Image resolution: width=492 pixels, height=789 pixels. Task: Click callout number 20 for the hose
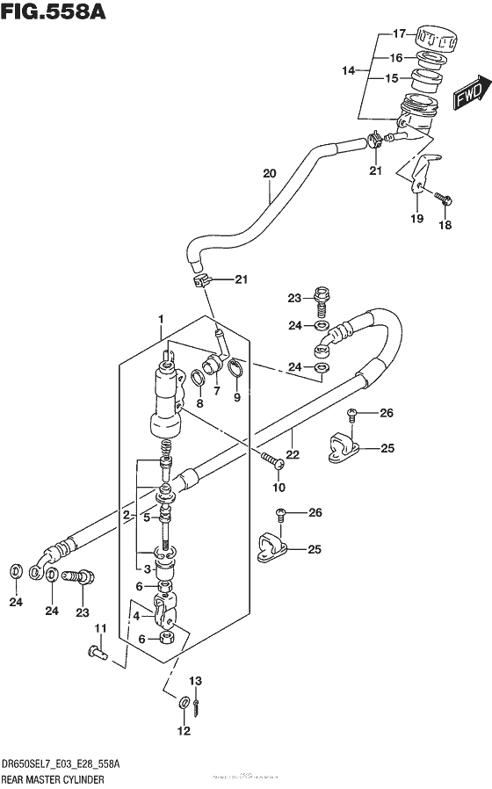point(269,173)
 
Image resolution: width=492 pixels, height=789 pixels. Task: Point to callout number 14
point(349,69)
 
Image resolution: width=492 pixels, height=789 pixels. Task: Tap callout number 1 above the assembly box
point(161,318)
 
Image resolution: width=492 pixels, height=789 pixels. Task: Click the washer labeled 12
point(182,702)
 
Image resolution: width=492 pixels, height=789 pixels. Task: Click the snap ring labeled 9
point(236,373)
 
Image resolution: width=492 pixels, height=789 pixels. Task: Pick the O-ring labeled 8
point(200,379)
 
